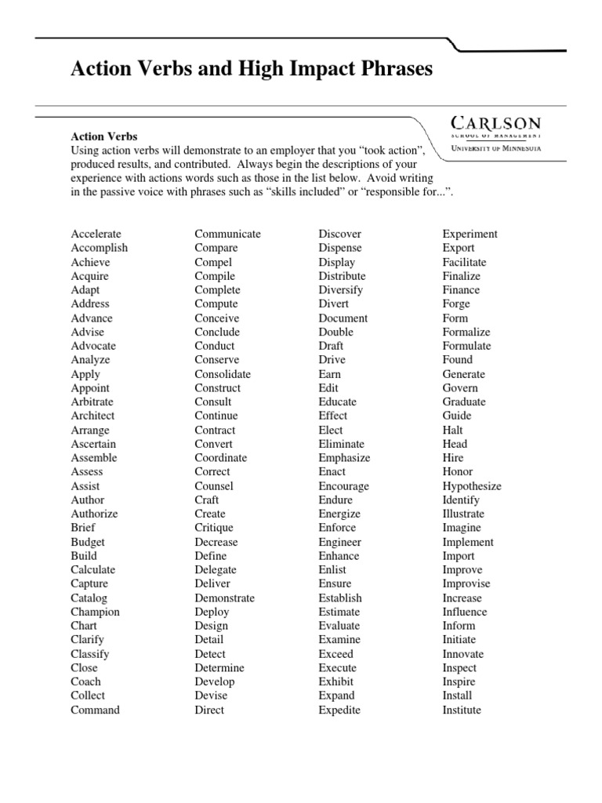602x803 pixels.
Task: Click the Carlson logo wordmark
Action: pyautogui.click(x=495, y=123)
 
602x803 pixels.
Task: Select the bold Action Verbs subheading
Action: pyautogui.click(x=104, y=136)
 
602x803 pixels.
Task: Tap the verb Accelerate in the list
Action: pyautogui.click(x=96, y=234)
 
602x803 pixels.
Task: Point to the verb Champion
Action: pyautogui.click(x=96, y=612)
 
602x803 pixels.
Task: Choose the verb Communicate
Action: pyautogui.click(x=228, y=234)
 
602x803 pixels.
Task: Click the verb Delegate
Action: pyautogui.click(x=216, y=570)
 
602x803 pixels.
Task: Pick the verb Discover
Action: pyautogui.click(x=340, y=234)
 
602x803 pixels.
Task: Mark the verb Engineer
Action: pyautogui.click(x=340, y=542)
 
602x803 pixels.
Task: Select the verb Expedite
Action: pyautogui.click(x=339, y=710)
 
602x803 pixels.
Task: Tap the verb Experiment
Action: pyautogui.click(x=470, y=234)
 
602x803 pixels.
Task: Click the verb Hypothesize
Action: pyautogui.click(x=472, y=486)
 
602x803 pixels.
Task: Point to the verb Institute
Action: pyautogui.click(x=462, y=710)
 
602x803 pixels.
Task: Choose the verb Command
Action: pyautogui.click(x=96, y=710)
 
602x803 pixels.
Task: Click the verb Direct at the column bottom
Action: pyautogui.click(x=209, y=710)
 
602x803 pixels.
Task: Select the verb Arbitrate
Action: pyautogui.click(x=92, y=401)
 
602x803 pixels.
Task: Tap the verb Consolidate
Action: pyautogui.click(x=223, y=374)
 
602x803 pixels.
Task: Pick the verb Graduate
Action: pyautogui.click(x=464, y=401)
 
